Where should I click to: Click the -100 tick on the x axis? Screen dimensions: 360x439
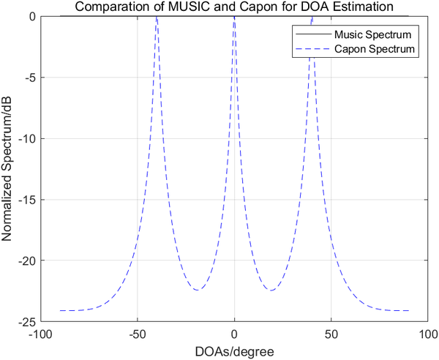click(x=40, y=334)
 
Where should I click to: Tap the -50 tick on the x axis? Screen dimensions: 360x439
click(x=137, y=334)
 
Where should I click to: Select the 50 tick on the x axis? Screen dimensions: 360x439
click(x=331, y=334)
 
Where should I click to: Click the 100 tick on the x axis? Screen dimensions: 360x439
click(x=428, y=334)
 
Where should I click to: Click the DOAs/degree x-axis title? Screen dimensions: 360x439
click(x=234, y=351)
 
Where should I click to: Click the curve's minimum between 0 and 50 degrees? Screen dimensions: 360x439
click(x=271, y=290)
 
